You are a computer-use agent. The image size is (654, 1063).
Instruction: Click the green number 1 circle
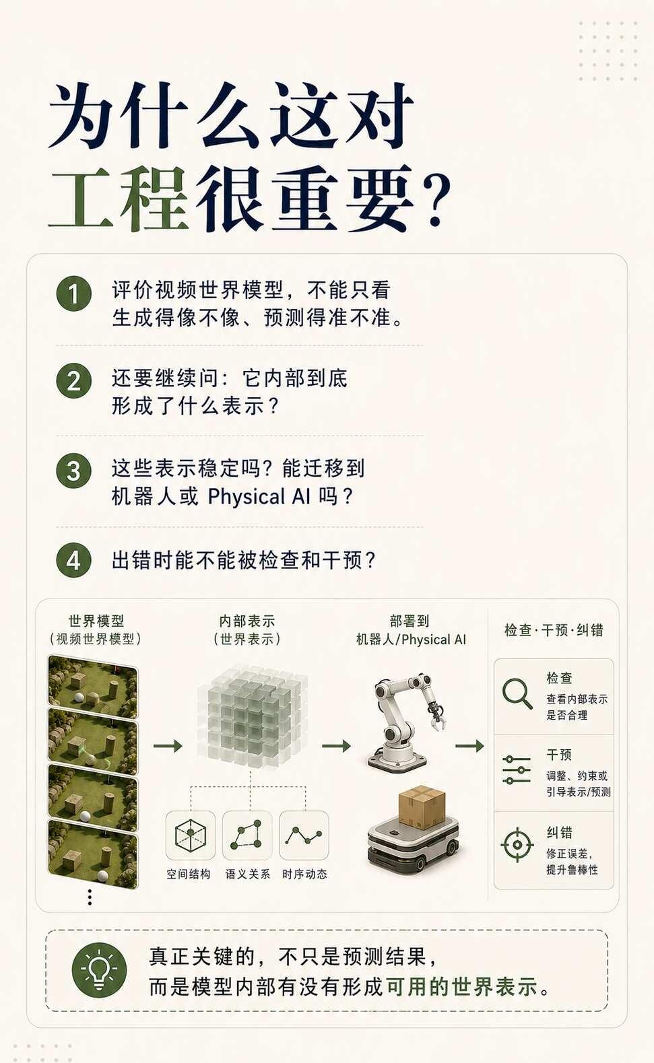pyautogui.click(x=73, y=294)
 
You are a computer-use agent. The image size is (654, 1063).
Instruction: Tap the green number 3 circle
pyautogui.click(x=73, y=471)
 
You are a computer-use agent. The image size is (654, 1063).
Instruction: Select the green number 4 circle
pyautogui.click(x=73, y=560)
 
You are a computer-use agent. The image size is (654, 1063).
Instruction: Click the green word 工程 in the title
pyautogui.click(x=119, y=198)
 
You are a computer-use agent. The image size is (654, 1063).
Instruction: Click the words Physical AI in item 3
pyautogui.click(x=259, y=497)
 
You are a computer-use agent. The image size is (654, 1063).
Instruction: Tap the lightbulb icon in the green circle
pyautogui.click(x=99, y=969)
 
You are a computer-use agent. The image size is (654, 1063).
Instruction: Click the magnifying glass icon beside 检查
pyautogui.click(x=517, y=693)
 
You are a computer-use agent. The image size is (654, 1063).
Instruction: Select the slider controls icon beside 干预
pyautogui.click(x=517, y=769)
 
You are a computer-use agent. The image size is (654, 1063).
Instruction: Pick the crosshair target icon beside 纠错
pyautogui.click(x=517, y=845)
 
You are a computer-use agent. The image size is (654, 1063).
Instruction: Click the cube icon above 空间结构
pyautogui.click(x=191, y=835)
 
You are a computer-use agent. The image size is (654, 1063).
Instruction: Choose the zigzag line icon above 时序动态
pyautogui.click(x=304, y=835)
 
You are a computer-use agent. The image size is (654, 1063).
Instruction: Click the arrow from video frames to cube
pyautogui.click(x=168, y=746)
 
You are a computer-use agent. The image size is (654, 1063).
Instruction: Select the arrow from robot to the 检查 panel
pyautogui.click(x=469, y=746)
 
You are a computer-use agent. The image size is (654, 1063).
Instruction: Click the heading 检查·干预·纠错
pyautogui.click(x=554, y=629)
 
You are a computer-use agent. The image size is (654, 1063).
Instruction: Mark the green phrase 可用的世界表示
pyautogui.click(x=462, y=987)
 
